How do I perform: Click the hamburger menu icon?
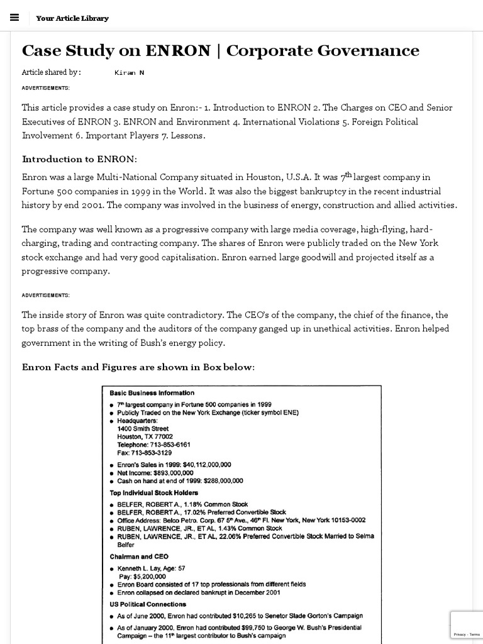pos(15,18)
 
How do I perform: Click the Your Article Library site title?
pos(72,18)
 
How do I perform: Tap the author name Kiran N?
pos(130,73)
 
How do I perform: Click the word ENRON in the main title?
pos(178,51)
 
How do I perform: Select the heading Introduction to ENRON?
pos(79,159)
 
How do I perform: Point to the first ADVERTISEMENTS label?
pos(46,88)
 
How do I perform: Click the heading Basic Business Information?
pos(152,393)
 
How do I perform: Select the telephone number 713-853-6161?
pos(169,445)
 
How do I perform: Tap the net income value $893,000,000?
pos(173,473)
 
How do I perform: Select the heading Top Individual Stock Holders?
pos(153,493)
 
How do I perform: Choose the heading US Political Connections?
pos(148,604)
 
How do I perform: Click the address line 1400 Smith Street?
pos(143,429)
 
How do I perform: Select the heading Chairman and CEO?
pos(138,557)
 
